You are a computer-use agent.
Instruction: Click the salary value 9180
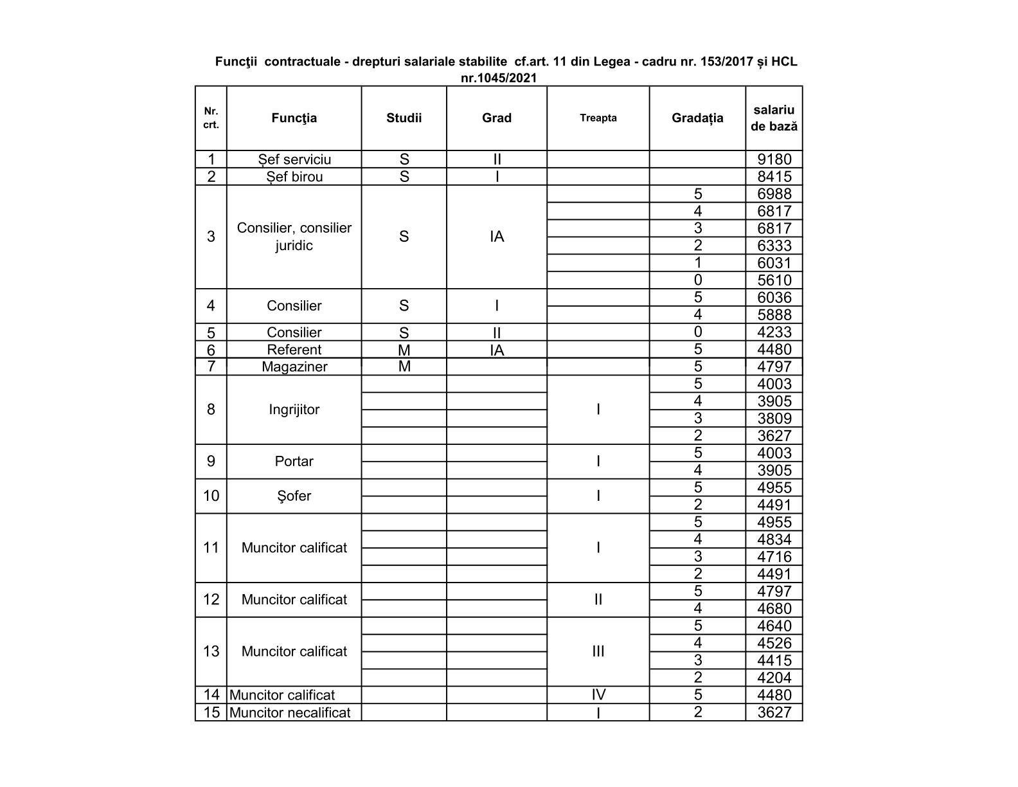pos(774,159)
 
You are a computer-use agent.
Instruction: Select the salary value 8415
pos(774,177)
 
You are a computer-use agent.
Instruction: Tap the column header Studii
pos(404,118)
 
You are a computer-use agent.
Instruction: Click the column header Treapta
pos(598,118)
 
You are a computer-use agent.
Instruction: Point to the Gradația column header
pos(697,118)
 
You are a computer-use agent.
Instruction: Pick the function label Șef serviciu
pos(294,159)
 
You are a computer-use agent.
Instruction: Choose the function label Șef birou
pos(294,177)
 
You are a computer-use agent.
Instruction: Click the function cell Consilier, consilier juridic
pos(294,237)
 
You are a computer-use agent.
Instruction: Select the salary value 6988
pos(774,194)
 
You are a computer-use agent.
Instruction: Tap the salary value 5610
pos(774,280)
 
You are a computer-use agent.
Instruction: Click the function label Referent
pos(294,350)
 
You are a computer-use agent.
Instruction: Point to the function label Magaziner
pos(294,367)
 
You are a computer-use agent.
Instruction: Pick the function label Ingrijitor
pos(294,410)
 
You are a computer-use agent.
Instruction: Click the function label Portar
pos(294,462)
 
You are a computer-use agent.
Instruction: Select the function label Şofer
pos(294,496)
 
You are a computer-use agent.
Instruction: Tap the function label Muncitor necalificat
pos(290,712)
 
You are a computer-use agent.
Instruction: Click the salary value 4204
pos(774,678)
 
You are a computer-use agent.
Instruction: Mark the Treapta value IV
pos(598,695)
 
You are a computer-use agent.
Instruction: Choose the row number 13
pos(211,651)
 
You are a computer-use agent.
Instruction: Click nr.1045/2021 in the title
pos(499,78)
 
